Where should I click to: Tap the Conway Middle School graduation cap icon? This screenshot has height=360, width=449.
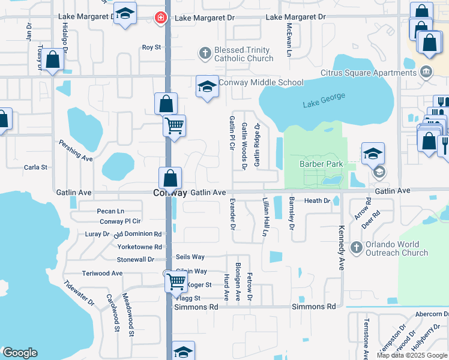pyautogui.click(x=206, y=86)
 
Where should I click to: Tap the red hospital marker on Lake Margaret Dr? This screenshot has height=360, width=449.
pyautogui.click(x=160, y=18)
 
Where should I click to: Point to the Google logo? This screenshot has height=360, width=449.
pyautogui.click(x=19, y=353)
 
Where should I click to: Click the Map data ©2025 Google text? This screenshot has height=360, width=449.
pyautogui.click(x=412, y=355)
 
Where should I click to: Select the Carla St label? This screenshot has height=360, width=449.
pyautogui.click(x=35, y=167)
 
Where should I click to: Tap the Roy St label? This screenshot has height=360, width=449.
pyautogui.click(x=151, y=47)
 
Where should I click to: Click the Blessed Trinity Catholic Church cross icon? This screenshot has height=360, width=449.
pyautogui.click(x=204, y=53)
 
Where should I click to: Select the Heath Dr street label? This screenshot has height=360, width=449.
pyautogui.click(x=318, y=200)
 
